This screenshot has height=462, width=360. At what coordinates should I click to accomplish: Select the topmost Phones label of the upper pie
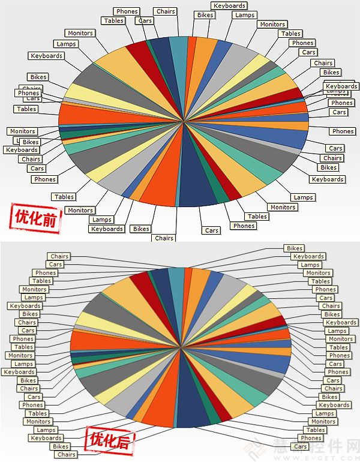click(x=127, y=11)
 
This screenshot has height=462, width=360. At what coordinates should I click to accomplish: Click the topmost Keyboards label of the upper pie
click(x=229, y=6)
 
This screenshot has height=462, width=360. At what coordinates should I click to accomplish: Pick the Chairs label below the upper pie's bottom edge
click(x=164, y=238)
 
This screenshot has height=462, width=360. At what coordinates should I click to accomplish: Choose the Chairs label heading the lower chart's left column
click(x=59, y=256)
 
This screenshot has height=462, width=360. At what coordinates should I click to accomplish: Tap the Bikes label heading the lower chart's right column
click(x=295, y=248)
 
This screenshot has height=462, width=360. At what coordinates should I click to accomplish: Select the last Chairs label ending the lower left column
click(x=66, y=454)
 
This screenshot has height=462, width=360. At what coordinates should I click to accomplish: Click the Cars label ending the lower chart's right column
click(x=301, y=446)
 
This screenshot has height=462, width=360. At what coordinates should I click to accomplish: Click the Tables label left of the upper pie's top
click(x=113, y=21)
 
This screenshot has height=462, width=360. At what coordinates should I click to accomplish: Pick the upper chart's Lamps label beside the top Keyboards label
click(x=245, y=15)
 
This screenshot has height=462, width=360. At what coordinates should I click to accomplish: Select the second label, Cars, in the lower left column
click(x=55, y=265)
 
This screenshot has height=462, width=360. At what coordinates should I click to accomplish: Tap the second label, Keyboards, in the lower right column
click(x=308, y=256)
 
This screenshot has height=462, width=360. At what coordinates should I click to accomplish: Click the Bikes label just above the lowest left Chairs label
click(x=61, y=446)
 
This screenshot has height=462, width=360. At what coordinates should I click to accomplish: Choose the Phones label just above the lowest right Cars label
click(x=311, y=438)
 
